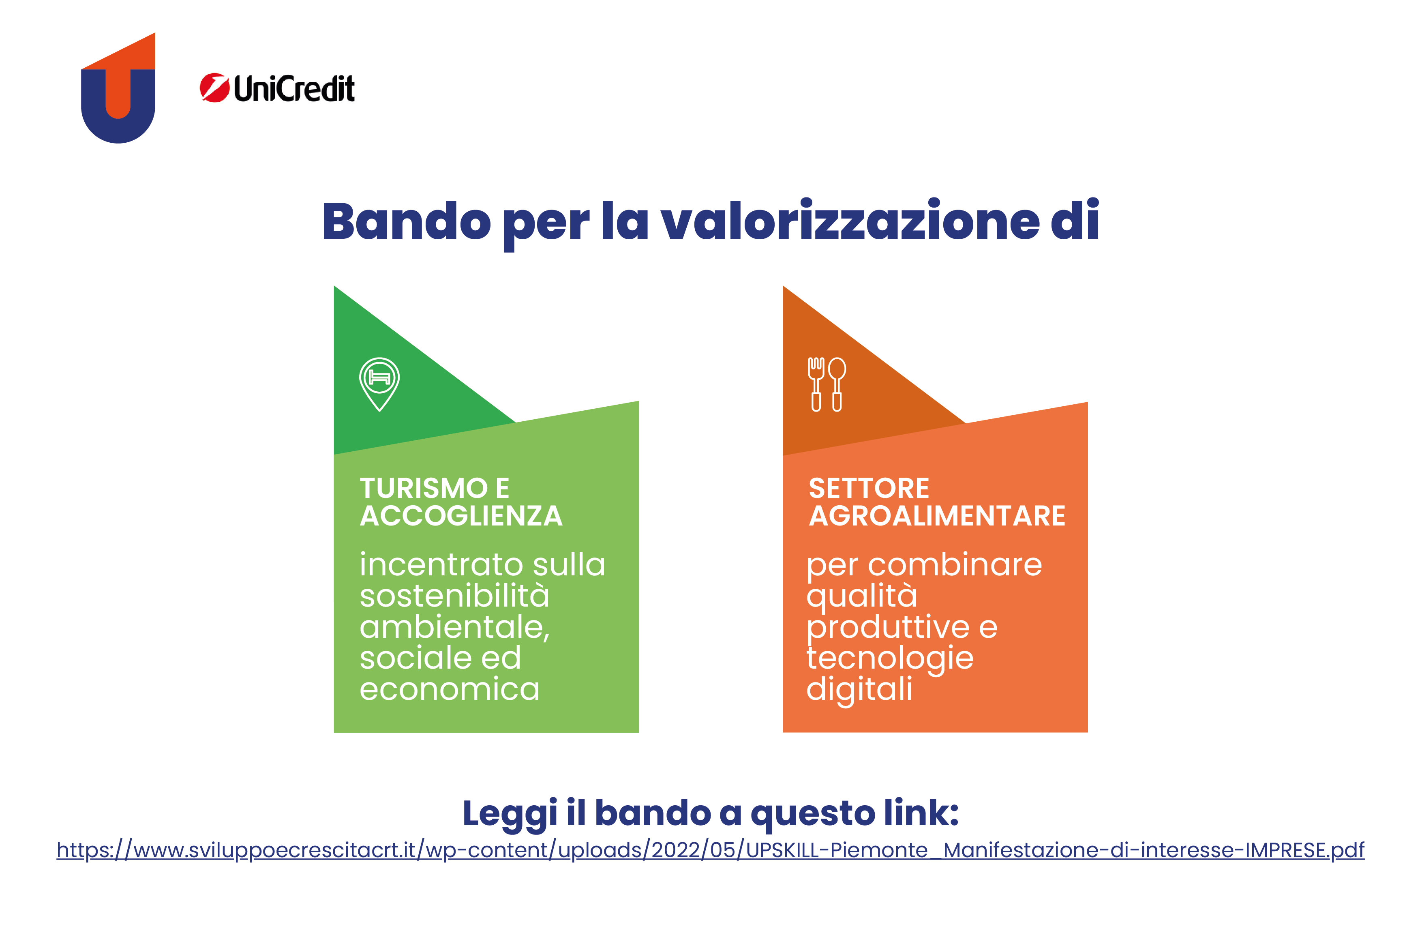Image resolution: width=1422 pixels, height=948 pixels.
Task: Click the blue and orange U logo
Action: click(x=118, y=88)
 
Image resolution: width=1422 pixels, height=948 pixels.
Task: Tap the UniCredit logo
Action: click(x=277, y=88)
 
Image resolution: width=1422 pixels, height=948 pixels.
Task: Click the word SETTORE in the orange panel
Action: click(x=868, y=489)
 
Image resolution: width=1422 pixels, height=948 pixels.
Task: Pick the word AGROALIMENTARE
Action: click(x=937, y=516)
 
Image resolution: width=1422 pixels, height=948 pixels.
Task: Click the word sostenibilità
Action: click(x=454, y=596)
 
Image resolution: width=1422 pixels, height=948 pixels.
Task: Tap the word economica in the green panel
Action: click(x=450, y=690)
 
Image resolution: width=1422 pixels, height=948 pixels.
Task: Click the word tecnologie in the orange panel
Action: click(x=890, y=659)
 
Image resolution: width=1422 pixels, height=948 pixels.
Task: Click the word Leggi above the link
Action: click(x=510, y=814)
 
